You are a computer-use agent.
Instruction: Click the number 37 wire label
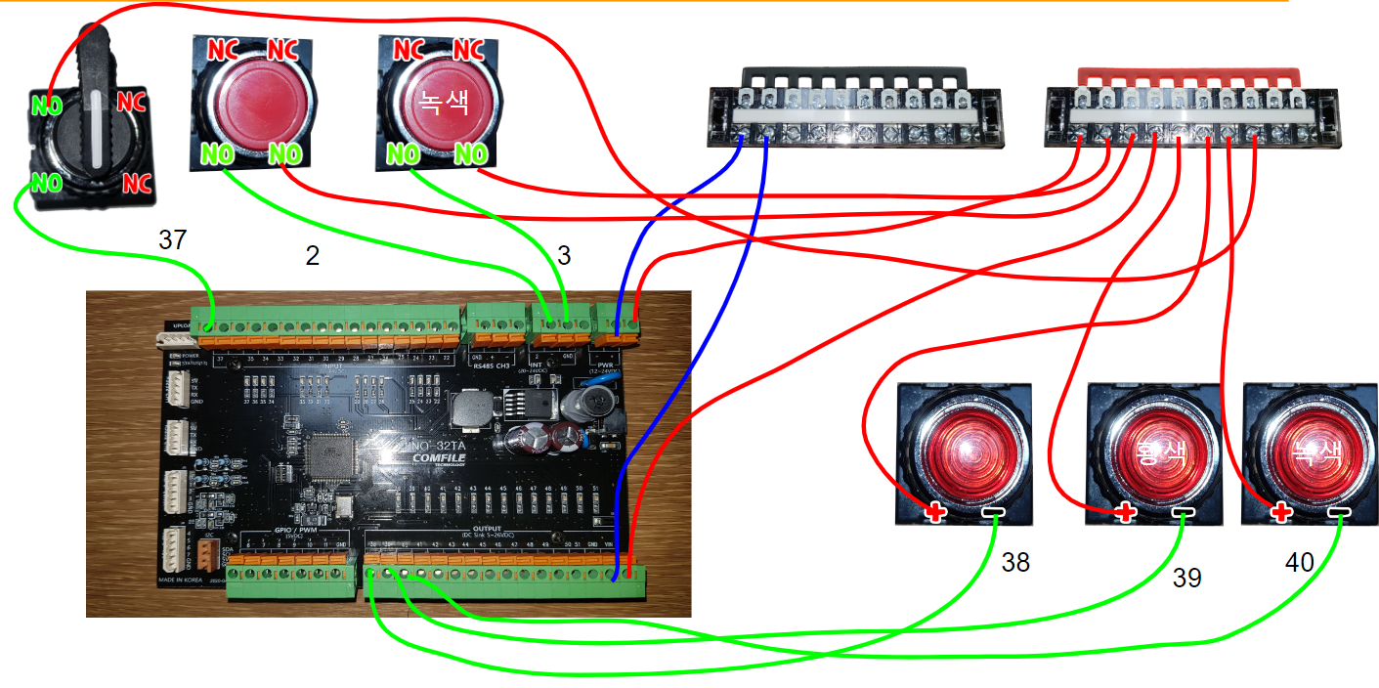[172, 240]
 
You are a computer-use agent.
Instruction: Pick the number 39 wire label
[1186, 578]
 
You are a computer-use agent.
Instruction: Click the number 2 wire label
[313, 256]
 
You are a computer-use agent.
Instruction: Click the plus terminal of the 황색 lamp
[1126, 511]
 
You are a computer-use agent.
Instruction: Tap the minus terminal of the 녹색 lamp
[1337, 512]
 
